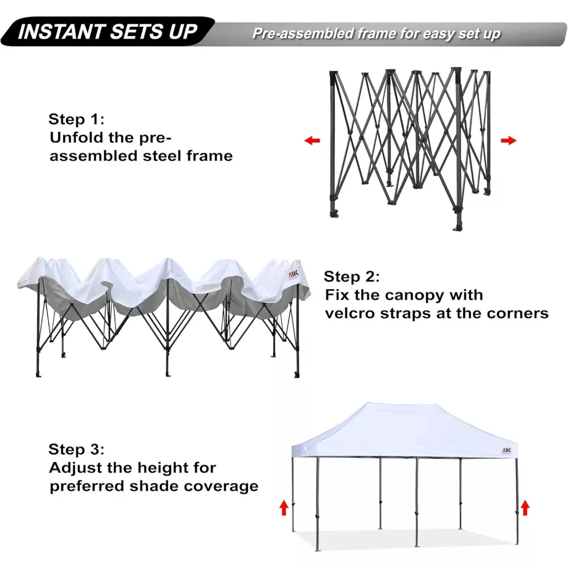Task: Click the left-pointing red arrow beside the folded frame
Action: coord(312,140)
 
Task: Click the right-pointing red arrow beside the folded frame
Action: coord(508,140)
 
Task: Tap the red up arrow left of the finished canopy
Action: coord(283,507)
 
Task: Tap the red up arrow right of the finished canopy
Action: coord(525,507)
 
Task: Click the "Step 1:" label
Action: coord(77,119)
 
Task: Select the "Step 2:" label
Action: coord(352,277)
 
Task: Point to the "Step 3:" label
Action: coord(77,449)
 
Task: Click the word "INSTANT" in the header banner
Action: coord(61,31)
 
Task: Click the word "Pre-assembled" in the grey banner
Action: coord(303,34)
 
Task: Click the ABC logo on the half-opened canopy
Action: coord(294,274)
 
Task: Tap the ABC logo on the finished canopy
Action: coord(507,450)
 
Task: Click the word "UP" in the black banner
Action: coord(183,31)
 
